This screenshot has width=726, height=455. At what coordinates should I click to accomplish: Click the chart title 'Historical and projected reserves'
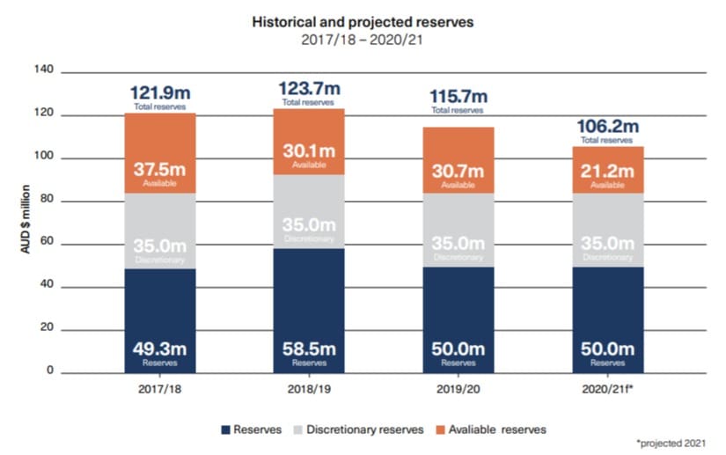[x=363, y=22]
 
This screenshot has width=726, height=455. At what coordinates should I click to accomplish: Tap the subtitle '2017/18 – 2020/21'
[x=362, y=40]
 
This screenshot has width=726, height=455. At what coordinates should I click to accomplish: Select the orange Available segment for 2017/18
[x=160, y=153]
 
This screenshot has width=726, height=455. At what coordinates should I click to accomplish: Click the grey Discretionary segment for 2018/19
[x=309, y=212]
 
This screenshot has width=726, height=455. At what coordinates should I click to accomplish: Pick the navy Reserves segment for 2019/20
[x=458, y=319]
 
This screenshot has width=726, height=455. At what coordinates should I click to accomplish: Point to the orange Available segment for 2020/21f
[x=608, y=170]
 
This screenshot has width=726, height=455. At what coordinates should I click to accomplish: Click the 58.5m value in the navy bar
[x=309, y=349]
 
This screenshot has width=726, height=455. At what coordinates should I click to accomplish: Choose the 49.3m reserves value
[x=160, y=349]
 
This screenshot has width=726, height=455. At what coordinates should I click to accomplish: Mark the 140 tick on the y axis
[x=44, y=70]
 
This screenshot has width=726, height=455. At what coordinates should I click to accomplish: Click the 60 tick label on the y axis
[x=47, y=241]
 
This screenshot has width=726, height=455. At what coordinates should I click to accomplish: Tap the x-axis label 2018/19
[x=309, y=389]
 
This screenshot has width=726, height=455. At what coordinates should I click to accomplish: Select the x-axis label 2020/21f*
[x=607, y=389]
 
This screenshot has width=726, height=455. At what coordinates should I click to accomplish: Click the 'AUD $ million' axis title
[x=26, y=219]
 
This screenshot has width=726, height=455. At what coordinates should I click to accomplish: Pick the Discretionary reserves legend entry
[x=359, y=429]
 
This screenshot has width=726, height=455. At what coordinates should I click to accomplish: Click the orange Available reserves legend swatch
[x=440, y=430]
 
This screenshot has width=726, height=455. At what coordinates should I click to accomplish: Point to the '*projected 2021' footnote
[x=671, y=444]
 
